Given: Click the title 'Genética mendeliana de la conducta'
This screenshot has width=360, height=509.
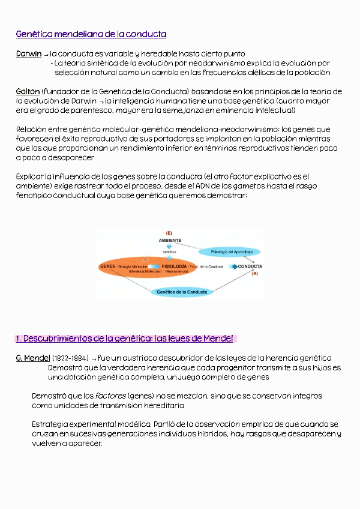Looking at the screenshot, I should tap(91, 34).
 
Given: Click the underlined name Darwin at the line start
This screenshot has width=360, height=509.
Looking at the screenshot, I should tap(29, 54).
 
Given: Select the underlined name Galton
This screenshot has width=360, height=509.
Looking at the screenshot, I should tap(28, 91).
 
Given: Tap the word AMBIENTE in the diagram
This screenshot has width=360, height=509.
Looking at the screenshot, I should tap(170, 240).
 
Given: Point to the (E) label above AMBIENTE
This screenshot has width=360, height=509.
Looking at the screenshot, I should tap(169, 232).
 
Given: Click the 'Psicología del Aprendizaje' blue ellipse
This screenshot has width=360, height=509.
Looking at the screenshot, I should tap(230, 251).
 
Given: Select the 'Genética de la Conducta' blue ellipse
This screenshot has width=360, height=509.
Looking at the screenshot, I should tap(182, 292).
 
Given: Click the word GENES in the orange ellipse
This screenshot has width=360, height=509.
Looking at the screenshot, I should tap(108, 266).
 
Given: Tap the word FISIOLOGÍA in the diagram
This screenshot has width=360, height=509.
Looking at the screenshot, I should tap(174, 266).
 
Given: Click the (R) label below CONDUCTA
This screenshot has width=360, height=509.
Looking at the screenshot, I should tap(254, 274).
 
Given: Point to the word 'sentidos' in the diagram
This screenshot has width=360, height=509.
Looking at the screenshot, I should tap(169, 252).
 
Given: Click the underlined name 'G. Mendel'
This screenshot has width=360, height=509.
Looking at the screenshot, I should tap(32, 358).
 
